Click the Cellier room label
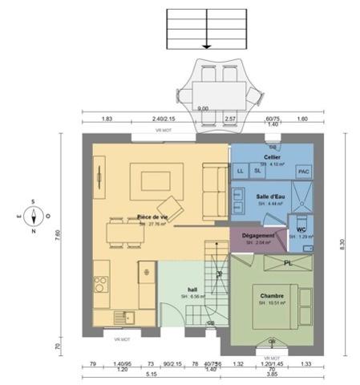pyautogui.click(x=272, y=157)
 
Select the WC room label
pyautogui.click(x=301, y=229)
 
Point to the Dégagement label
pyautogui.click(x=258, y=235)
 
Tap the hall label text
pyautogui.click(x=192, y=290)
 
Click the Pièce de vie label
pyautogui.click(x=152, y=217)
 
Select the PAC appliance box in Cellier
pyautogui.click(x=304, y=172)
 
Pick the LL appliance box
pyautogui.click(x=241, y=171)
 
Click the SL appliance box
pyautogui.click(x=257, y=171)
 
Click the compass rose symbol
pyautogui.click(x=32, y=215)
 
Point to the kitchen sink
pyautogui.click(x=123, y=316)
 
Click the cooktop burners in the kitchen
pyautogui.click(x=101, y=283)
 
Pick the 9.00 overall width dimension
pyautogui.click(x=203, y=108)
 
